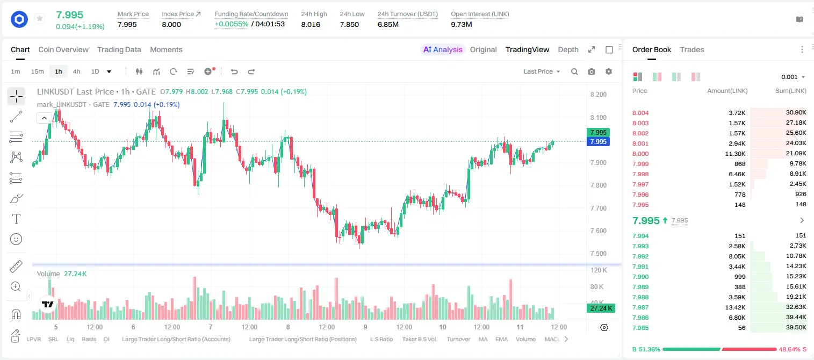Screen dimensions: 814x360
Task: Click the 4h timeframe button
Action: point(76,71)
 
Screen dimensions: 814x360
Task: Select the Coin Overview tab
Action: point(63,50)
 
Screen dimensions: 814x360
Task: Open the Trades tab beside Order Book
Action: point(692,50)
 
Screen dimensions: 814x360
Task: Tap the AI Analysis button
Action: point(443,50)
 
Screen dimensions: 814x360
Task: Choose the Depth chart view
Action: point(568,50)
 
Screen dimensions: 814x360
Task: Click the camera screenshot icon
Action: point(592,71)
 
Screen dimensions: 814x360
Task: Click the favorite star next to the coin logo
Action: point(40,18)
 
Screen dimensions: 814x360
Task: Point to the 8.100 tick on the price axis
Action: point(599,118)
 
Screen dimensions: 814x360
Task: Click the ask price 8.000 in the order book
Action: point(640,154)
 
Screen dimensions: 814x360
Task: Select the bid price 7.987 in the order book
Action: point(640,307)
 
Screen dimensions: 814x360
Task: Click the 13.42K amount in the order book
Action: point(735,307)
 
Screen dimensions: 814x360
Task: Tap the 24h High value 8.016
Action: point(311,24)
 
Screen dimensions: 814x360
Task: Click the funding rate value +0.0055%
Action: point(232,24)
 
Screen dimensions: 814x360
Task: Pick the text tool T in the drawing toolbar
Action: point(16,219)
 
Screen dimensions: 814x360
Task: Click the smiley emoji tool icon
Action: point(16,239)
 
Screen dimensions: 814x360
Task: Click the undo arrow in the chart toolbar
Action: point(234,71)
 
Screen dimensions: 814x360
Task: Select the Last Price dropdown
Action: point(542,71)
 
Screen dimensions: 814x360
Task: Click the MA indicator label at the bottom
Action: point(483,339)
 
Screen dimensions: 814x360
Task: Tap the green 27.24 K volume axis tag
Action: point(601,308)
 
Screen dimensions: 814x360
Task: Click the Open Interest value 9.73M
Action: point(462,24)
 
